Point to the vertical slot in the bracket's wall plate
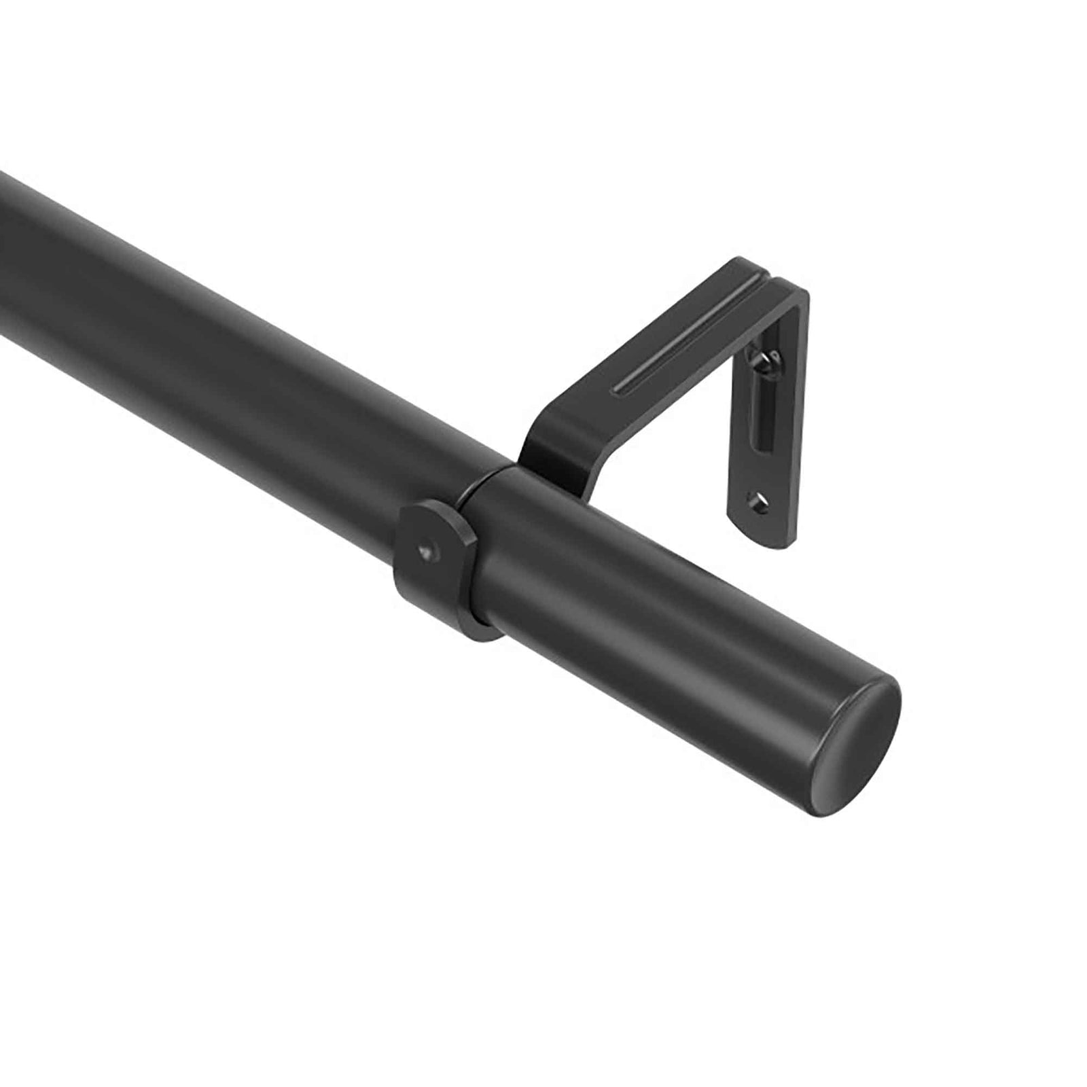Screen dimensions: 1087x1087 pos(762,414)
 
